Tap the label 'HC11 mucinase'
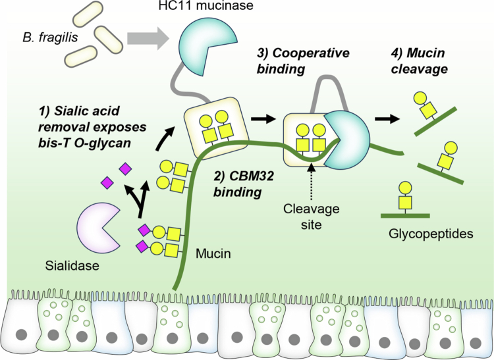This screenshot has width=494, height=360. tap(206, 5)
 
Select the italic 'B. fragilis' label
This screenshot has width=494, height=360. tap(51, 38)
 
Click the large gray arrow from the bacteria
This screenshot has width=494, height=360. tap(148, 38)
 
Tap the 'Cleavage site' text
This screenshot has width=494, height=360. tap(312, 217)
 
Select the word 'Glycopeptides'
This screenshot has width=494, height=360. tap(431, 234)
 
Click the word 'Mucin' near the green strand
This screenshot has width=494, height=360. tap(213, 253)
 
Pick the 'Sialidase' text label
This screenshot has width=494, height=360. tap(72, 266)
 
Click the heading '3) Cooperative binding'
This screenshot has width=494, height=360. tap(303, 61)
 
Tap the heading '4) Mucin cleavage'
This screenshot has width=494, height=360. tap(419, 61)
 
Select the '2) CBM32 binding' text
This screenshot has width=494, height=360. tap(243, 184)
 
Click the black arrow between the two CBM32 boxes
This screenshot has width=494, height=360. tap(263, 119)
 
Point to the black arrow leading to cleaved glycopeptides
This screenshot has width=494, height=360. tap(387, 119)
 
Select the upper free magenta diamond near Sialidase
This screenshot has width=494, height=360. tap(125, 169)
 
